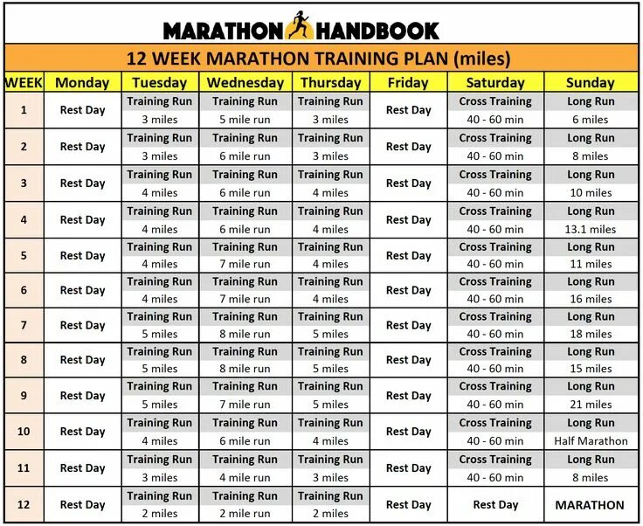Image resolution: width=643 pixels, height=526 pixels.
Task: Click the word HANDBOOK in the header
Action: [376, 31]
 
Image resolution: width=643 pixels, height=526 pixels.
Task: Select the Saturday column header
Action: [495, 83]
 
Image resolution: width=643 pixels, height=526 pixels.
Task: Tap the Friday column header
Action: [408, 83]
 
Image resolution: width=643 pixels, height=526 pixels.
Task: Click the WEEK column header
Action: [24, 83]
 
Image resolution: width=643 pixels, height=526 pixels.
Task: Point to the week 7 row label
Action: [24, 325]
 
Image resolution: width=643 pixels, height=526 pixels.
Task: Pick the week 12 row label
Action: [24, 504]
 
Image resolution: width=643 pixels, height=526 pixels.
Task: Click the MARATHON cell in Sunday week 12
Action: [590, 505]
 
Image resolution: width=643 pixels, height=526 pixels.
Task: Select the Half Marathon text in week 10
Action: [591, 441]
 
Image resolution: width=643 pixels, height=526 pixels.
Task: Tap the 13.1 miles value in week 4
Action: [591, 229]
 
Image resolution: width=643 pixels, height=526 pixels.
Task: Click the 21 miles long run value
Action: [591, 405]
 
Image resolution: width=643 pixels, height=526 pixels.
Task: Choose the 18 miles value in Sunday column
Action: [591, 334]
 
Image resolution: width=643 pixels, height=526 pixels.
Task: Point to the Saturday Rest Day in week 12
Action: [495, 505]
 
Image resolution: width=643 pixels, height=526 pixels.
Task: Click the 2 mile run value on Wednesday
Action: [245, 514]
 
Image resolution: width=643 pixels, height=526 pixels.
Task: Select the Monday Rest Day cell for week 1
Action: [82, 110]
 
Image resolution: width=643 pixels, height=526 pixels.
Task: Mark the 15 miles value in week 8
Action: [591, 369]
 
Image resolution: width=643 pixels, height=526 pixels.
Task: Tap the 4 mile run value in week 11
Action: [245, 477]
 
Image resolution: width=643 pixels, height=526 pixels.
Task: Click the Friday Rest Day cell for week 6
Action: [408, 290]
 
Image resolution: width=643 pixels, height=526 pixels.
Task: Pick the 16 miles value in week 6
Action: [591, 299]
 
